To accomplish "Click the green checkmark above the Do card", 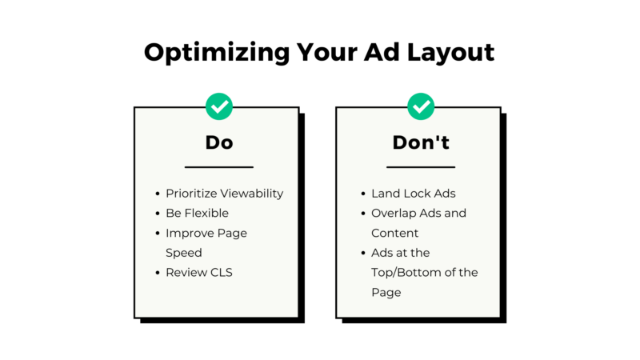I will (218, 106).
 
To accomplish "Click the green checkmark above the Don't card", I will (421, 106).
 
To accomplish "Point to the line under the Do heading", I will (218, 167).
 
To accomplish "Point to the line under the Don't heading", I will (421, 167).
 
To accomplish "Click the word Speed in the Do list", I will (184, 253).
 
